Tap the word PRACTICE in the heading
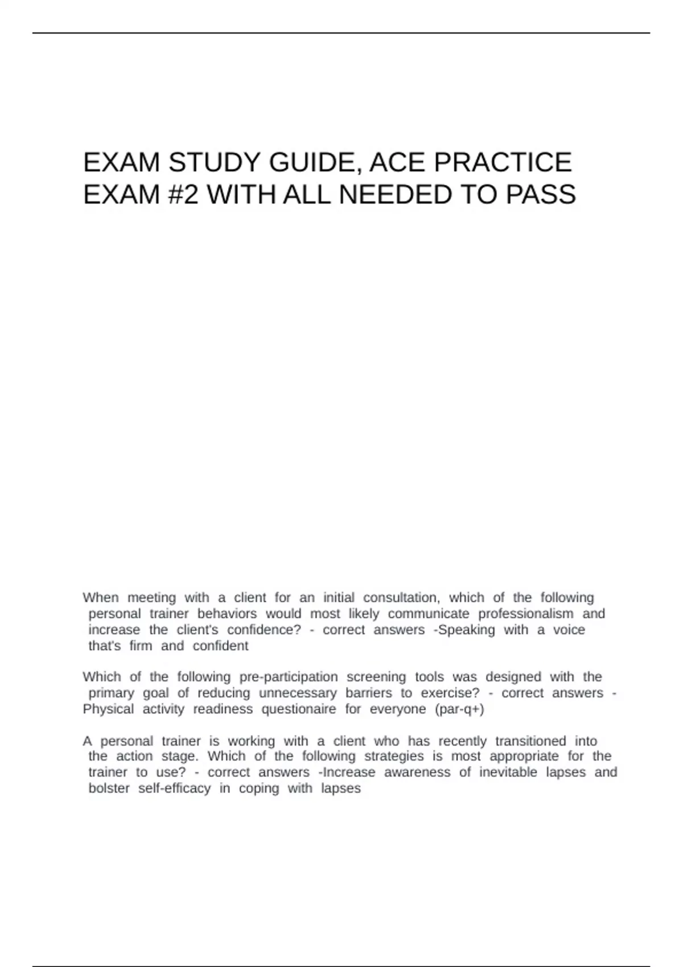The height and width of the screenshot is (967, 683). (503, 163)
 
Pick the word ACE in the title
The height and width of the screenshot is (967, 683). (398, 163)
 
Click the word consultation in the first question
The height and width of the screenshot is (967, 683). (401, 598)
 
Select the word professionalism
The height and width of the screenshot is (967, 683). (525, 614)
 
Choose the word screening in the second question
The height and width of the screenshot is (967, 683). (376, 677)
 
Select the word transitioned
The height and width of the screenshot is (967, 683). (530, 741)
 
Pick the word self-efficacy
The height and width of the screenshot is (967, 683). (174, 788)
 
